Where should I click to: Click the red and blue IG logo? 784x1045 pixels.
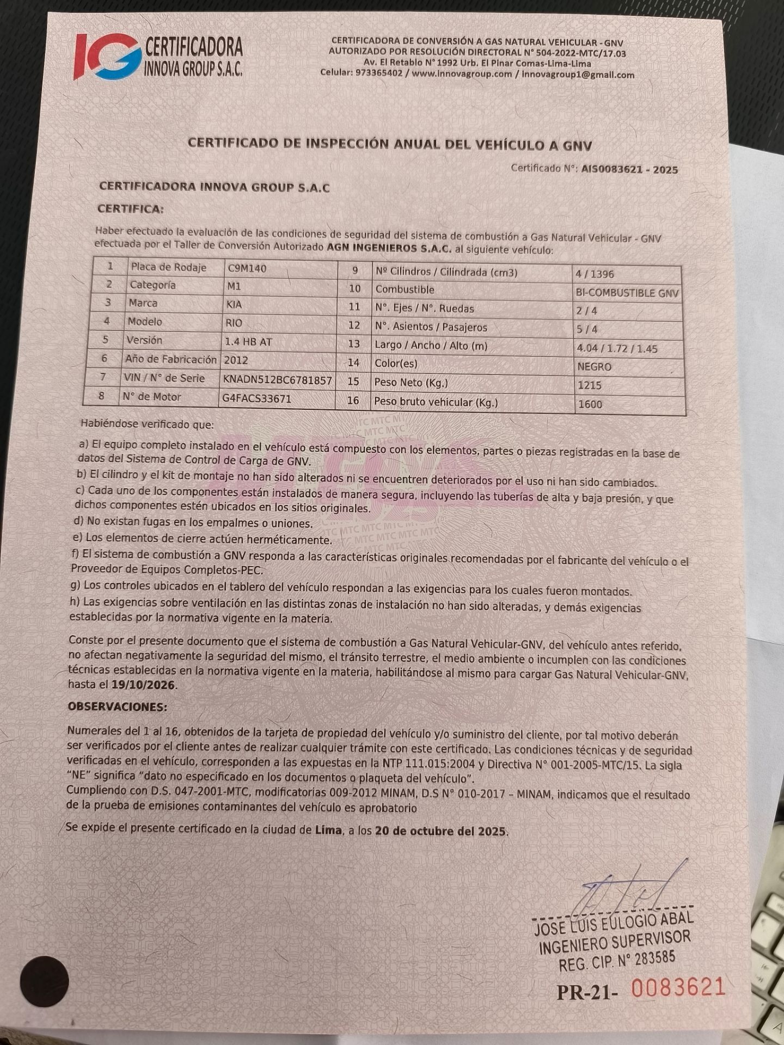(x=108, y=56)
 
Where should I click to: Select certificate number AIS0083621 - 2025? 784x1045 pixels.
(x=629, y=169)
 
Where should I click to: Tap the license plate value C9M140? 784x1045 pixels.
(x=247, y=268)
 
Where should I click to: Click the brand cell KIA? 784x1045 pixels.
(x=234, y=304)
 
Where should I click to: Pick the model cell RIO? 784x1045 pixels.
(x=234, y=323)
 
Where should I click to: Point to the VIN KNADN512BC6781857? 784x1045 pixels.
(x=277, y=380)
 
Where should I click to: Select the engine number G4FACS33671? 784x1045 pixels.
(x=256, y=398)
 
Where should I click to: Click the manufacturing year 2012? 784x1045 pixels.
(x=236, y=360)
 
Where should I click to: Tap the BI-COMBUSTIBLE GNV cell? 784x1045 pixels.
(x=627, y=293)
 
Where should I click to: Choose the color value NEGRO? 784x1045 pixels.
(x=594, y=367)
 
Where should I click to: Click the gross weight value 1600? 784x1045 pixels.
(x=590, y=404)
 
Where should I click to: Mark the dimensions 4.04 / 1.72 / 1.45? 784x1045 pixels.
(x=616, y=348)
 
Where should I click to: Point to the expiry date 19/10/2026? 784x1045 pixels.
(x=144, y=685)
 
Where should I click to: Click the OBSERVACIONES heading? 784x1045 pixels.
(x=117, y=706)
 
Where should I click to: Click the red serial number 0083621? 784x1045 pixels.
(x=678, y=987)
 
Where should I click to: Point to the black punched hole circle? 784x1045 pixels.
(x=44, y=981)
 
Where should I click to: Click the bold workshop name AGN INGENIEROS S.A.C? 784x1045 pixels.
(x=389, y=248)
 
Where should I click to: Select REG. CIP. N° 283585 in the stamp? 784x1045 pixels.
(x=616, y=961)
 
